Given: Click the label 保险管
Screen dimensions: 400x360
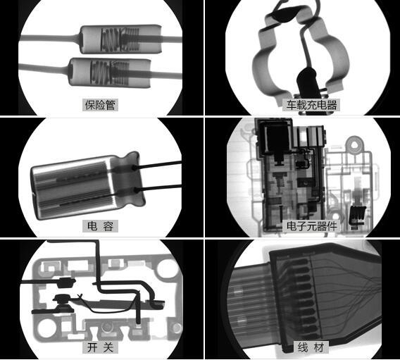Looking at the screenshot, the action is (x=100, y=105).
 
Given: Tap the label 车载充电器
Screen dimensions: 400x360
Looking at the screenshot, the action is (x=311, y=105).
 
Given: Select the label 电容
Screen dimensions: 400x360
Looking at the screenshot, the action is (x=100, y=226).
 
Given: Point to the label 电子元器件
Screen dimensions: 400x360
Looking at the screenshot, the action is (x=311, y=226).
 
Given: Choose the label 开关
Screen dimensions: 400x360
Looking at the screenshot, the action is (x=100, y=347).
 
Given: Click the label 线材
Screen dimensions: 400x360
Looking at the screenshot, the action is (x=311, y=347).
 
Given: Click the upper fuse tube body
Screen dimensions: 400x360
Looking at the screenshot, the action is (x=121, y=39).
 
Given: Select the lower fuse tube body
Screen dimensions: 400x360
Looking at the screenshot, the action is (x=110, y=73).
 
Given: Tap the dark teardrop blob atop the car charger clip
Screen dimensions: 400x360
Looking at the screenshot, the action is (x=283, y=15).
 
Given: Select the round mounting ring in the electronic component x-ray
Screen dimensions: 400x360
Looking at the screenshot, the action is (x=354, y=145).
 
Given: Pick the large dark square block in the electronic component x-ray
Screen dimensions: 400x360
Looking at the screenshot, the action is (x=275, y=137).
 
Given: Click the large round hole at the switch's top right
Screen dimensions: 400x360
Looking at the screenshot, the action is (x=167, y=268).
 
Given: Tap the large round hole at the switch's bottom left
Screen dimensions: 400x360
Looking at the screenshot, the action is (x=46, y=328).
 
